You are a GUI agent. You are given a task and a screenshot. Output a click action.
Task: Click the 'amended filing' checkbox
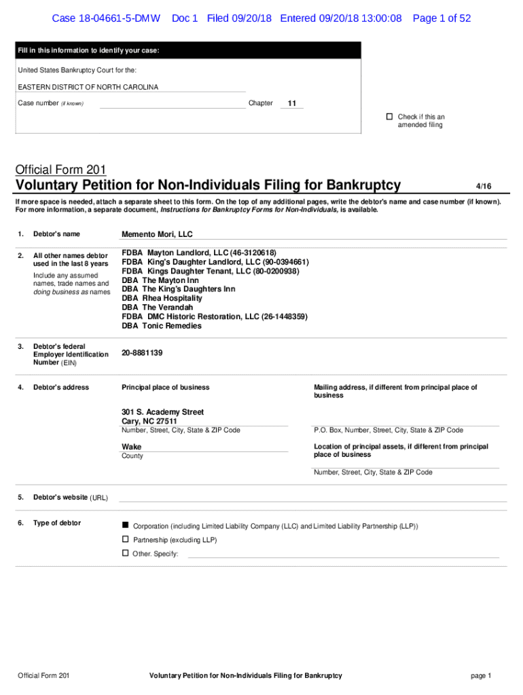(x=390, y=117)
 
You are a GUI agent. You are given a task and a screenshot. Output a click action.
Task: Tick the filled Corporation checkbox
(x=125, y=525)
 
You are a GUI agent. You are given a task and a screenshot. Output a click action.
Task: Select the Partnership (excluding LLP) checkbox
(x=125, y=539)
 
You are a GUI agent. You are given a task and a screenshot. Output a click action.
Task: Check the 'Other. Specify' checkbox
(x=125, y=553)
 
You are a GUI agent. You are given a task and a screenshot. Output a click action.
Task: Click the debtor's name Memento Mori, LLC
(x=157, y=234)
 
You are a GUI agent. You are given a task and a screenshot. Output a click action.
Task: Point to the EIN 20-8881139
(x=142, y=353)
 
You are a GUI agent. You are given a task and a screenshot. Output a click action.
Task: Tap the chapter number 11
(x=292, y=103)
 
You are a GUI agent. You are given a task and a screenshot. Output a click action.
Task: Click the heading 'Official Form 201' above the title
(x=60, y=170)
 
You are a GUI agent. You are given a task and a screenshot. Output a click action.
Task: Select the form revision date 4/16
(x=483, y=186)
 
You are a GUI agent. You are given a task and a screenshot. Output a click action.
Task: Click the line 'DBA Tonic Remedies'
(x=162, y=326)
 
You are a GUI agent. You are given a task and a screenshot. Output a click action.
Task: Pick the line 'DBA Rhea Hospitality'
(x=162, y=298)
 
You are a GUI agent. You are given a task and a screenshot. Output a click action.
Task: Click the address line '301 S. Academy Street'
(x=162, y=412)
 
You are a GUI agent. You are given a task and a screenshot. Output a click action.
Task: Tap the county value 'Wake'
(x=131, y=447)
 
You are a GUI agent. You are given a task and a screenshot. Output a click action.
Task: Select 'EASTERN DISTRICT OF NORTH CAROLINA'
(x=88, y=87)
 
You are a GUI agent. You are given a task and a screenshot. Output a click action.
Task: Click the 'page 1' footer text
(x=480, y=675)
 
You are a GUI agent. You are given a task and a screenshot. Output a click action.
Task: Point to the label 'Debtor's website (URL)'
(x=70, y=497)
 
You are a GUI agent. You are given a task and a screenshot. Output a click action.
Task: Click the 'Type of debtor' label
(x=57, y=523)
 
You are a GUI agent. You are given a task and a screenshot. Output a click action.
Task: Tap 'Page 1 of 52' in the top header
(x=441, y=18)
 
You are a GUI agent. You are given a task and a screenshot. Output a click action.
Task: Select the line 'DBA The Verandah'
(x=157, y=307)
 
